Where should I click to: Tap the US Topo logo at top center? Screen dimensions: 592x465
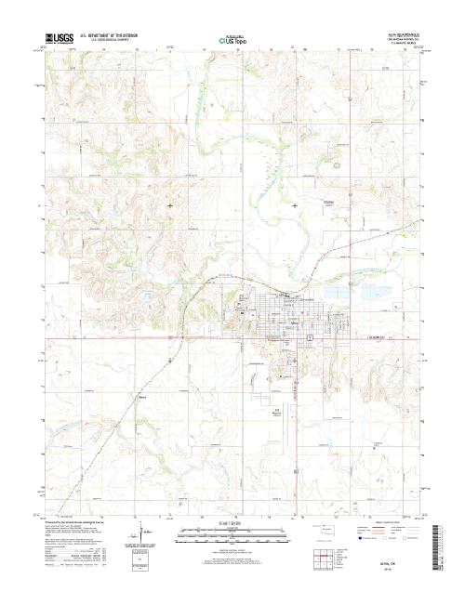pyautogui.click(x=232, y=39)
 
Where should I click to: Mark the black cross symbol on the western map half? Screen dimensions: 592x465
pyautogui.click(x=170, y=204)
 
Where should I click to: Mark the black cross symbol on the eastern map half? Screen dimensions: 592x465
pyautogui.click(x=295, y=204)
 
